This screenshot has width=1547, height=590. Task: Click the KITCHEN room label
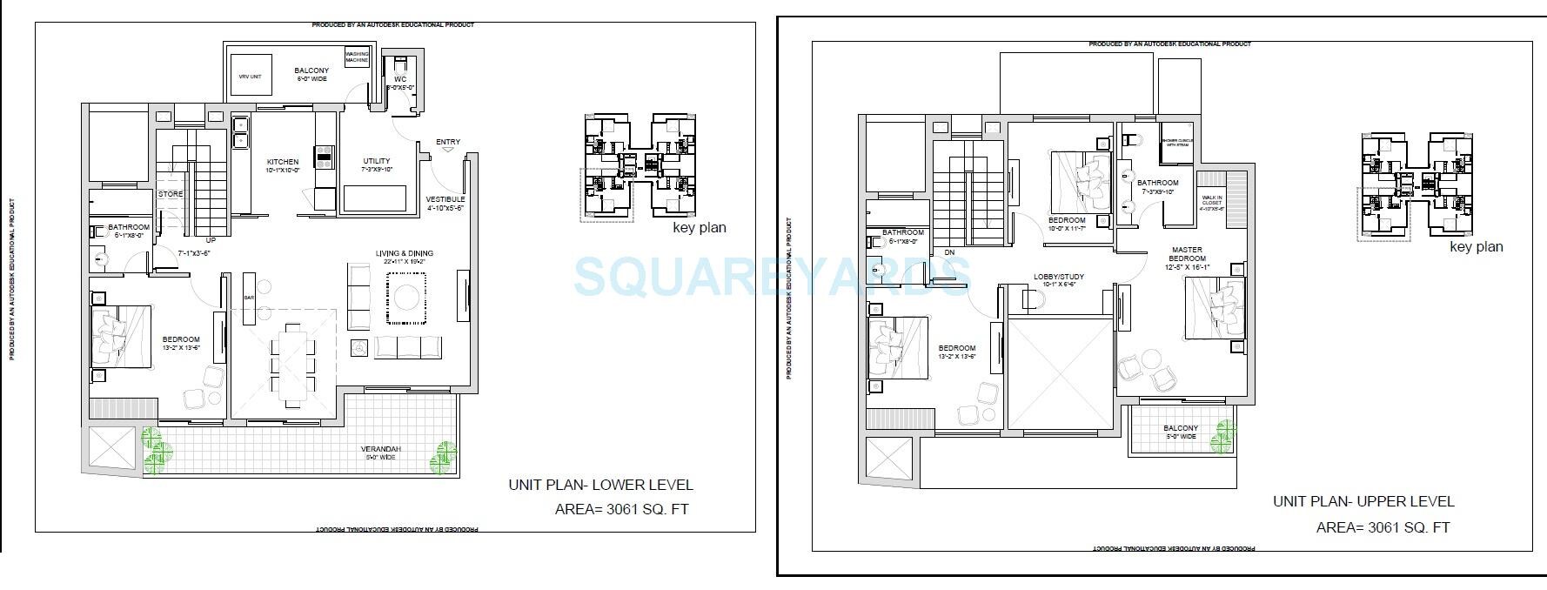coord(283,163)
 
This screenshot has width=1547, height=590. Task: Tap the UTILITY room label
coord(377,162)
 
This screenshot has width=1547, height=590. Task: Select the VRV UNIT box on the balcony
coord(250,77)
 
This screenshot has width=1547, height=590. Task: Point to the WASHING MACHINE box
coord(358,57)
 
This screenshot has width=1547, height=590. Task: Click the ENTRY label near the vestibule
coord(448,142)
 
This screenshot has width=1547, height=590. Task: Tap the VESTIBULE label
coord(445,199)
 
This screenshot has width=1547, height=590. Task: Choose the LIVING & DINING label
coord(404,254)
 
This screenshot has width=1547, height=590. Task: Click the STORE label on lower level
coord(171,194)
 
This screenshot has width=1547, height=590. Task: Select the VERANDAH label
coord(381,450)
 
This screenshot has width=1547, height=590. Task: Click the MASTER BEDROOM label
coord(1188,254)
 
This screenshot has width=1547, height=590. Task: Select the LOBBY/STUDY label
coord(1058,278)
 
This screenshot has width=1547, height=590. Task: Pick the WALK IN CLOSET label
coord(1211,203)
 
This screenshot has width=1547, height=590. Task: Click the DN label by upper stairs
coord(949,253)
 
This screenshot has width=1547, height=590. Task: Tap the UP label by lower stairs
coord(210,240)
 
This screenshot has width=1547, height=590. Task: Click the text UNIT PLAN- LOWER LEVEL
coord(600,486)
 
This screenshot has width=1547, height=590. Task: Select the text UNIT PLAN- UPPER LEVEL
coord(1363,501)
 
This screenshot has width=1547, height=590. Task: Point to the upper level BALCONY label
coord(1181,429)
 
